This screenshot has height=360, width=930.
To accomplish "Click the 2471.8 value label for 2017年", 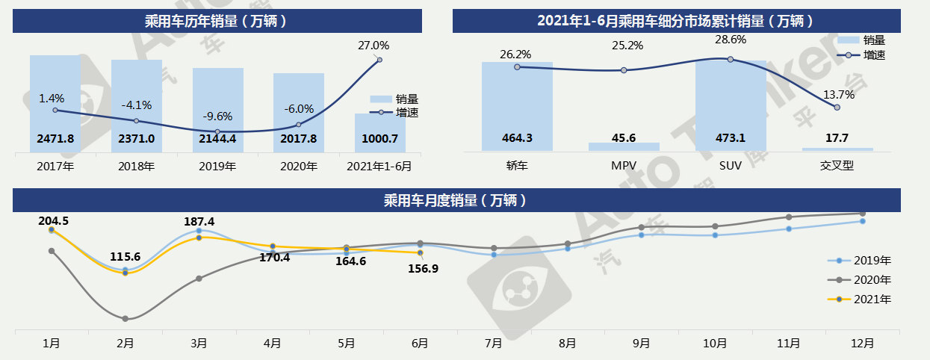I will tap(55, 138).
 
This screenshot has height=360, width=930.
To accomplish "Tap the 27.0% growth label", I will tap(373, 46).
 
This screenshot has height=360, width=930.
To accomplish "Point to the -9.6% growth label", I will tap(217, 116).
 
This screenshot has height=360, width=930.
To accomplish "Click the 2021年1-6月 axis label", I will tap(380, 166).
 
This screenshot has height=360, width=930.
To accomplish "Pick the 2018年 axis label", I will tap(136, 166).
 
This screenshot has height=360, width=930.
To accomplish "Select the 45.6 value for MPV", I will tap(624, 138).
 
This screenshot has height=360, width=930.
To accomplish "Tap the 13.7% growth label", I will tap(837, 94).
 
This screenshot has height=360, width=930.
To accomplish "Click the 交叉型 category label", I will tap(837, 166).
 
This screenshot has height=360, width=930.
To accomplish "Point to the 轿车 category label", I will tap(517, 166).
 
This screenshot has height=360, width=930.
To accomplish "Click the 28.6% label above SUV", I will tap(730, 39).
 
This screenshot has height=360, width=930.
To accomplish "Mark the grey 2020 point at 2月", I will tap(125, 319).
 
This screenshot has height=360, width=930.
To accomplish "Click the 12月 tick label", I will tap(863, 344).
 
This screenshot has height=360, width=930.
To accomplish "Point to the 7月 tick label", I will tap(493, 344).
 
